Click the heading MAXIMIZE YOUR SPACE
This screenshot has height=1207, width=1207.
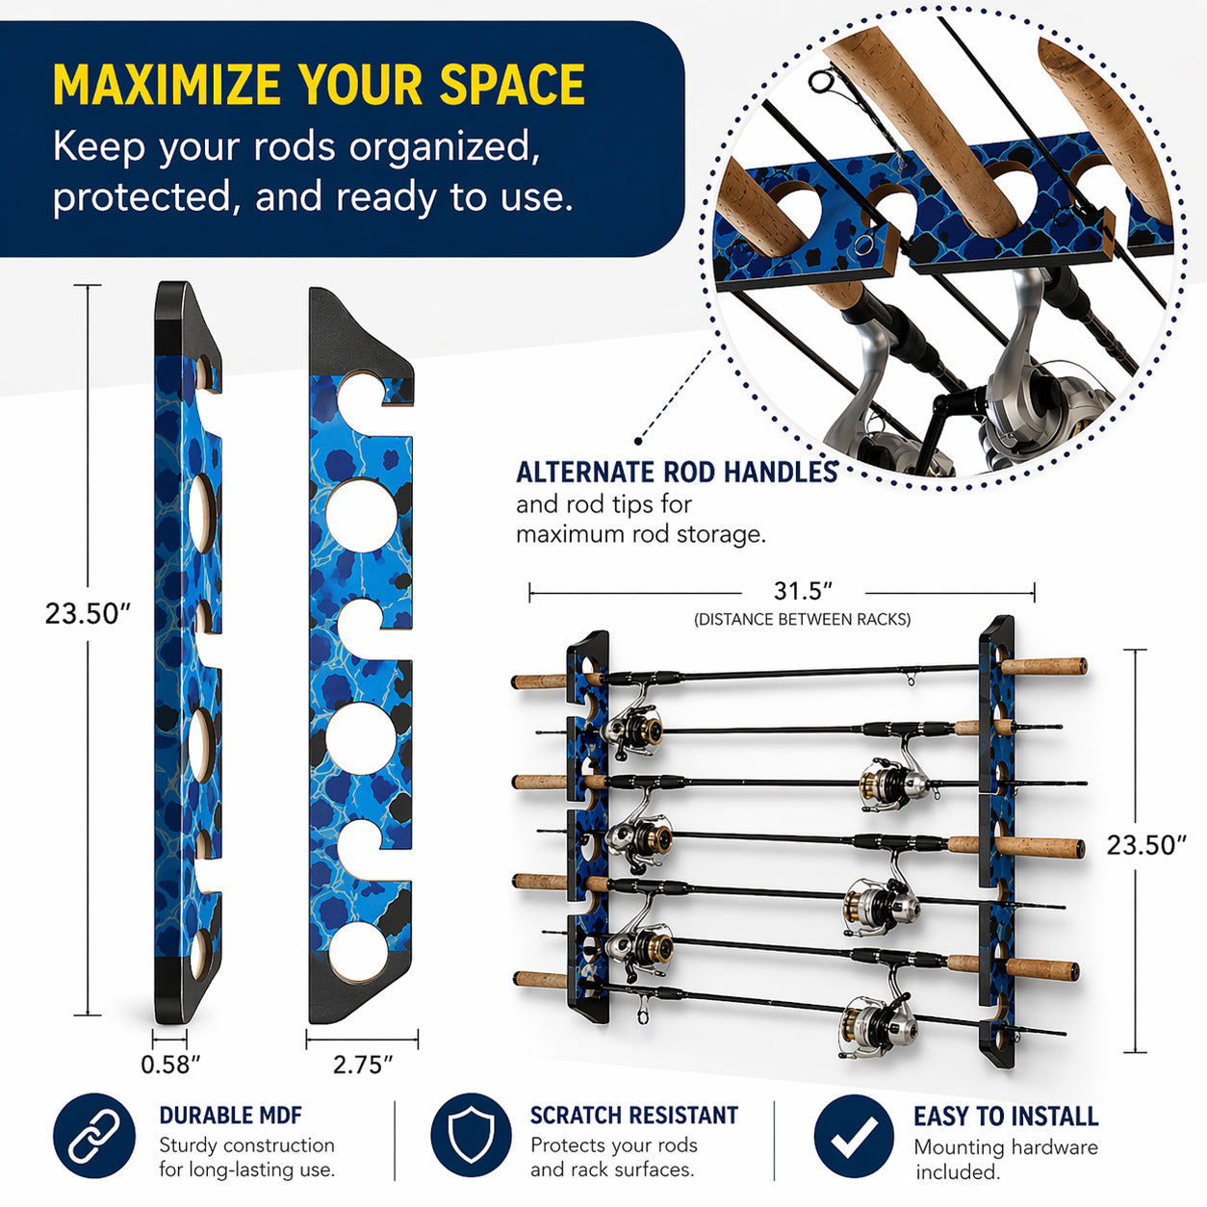point(319,85)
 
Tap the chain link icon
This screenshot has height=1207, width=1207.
point(93,1136)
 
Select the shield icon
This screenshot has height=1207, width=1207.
point(471,1136)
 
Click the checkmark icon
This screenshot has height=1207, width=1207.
point(853,1137)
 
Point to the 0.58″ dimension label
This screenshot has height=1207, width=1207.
point(170,1065)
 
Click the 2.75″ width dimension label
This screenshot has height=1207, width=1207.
point(363,1065)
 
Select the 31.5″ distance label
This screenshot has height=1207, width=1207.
point(802,591)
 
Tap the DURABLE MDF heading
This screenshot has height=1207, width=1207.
point(230,1116)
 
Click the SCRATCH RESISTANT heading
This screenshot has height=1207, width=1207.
point(633,1116)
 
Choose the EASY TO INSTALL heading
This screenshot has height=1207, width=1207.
point(1005,1117)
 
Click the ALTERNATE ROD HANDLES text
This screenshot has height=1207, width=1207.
point(677,473)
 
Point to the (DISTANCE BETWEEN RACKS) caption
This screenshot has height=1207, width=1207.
point(802,620)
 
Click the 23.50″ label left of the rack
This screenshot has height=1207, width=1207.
point(88,614)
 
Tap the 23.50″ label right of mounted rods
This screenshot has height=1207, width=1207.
point(1145,845)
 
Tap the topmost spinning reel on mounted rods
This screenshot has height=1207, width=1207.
point(632,728)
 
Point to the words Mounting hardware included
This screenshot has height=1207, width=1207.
point(1005,1160)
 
